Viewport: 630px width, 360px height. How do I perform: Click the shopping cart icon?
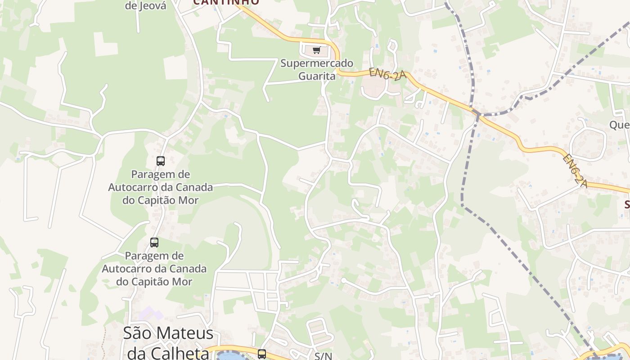coord(316,50)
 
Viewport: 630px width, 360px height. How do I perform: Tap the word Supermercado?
coord(317,63)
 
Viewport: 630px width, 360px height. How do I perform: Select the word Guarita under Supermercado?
coord(317,76)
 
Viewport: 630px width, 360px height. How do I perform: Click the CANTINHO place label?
coord(226,2)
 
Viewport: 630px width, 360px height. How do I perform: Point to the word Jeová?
coord(152,6)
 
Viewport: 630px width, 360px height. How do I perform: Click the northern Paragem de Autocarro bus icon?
coord(160,161)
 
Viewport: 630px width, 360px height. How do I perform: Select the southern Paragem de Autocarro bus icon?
coord(154,243)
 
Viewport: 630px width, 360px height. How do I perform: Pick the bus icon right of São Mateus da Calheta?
coord(262,354)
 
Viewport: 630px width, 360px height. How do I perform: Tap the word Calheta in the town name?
coord(177,353)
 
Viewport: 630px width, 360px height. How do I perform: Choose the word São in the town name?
coord(138,333)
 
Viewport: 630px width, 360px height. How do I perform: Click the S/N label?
coord(323,356)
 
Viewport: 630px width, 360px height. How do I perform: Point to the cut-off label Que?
coord(619,125)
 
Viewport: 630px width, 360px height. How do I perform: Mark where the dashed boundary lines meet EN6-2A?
coord(477,112)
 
